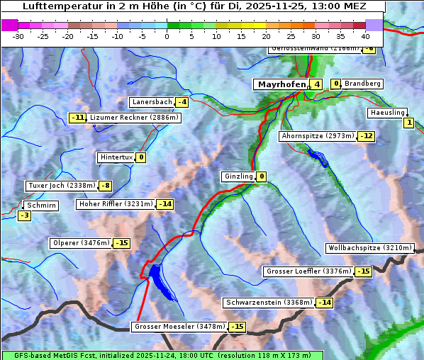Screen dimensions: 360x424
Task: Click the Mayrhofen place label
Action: click(281, 84)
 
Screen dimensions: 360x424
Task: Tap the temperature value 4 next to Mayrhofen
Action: click(316, 84)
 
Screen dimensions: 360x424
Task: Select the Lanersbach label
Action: click(152, 102)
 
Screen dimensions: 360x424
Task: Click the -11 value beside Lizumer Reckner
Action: click(77, 118)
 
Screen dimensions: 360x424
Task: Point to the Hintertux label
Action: click(116, 157)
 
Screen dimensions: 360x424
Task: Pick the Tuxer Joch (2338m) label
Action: click(61, 186)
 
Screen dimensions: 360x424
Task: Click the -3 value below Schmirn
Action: click(24, 215)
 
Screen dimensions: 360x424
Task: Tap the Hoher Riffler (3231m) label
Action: click(115, 204)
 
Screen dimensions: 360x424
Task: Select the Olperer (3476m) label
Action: click(81, 243)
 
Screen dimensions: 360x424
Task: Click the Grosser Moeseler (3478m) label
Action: click(179, 327)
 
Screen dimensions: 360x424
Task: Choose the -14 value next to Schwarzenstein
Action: click(324, 303)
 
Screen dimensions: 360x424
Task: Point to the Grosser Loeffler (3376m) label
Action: click(308, 271)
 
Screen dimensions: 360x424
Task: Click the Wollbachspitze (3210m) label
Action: click(369, 248)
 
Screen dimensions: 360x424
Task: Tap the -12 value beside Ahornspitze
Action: click(366, 136)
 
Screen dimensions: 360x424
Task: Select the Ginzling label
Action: click(238, 176)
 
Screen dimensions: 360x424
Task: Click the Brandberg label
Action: click(363, 84)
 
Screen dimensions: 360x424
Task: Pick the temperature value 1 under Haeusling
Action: click(408, 123)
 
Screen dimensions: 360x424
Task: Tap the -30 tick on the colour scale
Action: click(19, 35)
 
